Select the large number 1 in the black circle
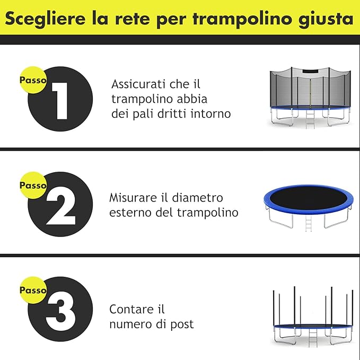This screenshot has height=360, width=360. (x=59, y=100)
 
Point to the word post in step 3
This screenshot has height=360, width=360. (x=183, y=323)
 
